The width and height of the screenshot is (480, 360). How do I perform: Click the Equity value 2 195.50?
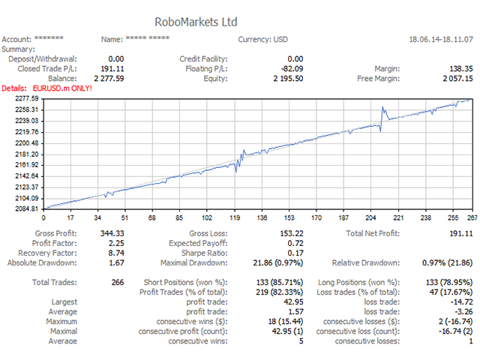[x=288, y=78]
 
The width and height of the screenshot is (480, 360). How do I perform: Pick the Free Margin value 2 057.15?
[x=457, y=78]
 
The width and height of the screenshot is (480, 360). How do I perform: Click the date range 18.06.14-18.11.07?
[x=441, y=39]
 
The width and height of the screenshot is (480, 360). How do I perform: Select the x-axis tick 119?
[x=235, y=218]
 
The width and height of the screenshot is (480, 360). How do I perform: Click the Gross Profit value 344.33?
[x=112, y=233]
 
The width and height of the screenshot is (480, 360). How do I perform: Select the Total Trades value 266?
[x=117, y=283]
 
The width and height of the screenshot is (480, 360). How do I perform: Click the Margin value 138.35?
[x=459, y=68]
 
